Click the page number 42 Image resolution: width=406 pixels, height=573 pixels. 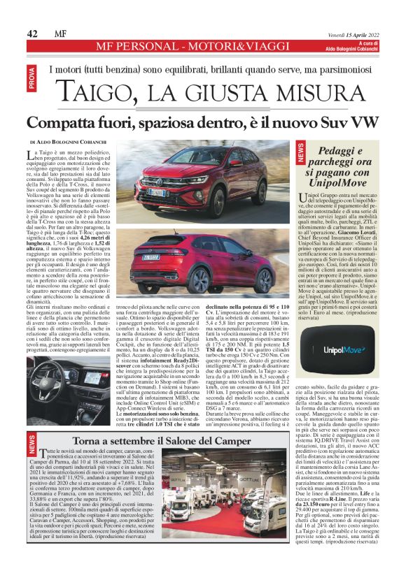tap(32, 34)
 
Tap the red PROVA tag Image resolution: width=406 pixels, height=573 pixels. tap(50, 78)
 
